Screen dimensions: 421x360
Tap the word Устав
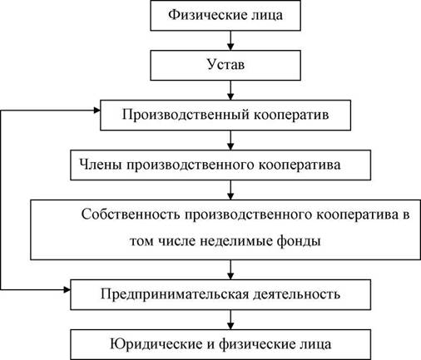225,65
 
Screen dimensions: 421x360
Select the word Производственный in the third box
186,115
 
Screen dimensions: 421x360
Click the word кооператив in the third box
291,115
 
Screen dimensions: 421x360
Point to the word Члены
101,165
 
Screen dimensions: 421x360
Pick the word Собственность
131,215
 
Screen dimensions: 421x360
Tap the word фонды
299,241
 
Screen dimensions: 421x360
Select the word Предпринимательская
175,294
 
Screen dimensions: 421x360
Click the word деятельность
297,294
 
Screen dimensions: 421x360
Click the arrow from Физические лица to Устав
230,41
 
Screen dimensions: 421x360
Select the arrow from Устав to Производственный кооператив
230,91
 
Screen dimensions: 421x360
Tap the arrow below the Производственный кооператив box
230,141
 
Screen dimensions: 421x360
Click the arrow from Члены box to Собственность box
230,190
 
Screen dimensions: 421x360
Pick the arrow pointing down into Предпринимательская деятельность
230,269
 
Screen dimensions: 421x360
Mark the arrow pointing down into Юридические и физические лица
230,319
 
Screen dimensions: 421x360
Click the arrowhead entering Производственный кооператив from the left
97,111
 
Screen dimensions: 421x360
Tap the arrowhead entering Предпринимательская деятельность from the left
67,290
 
